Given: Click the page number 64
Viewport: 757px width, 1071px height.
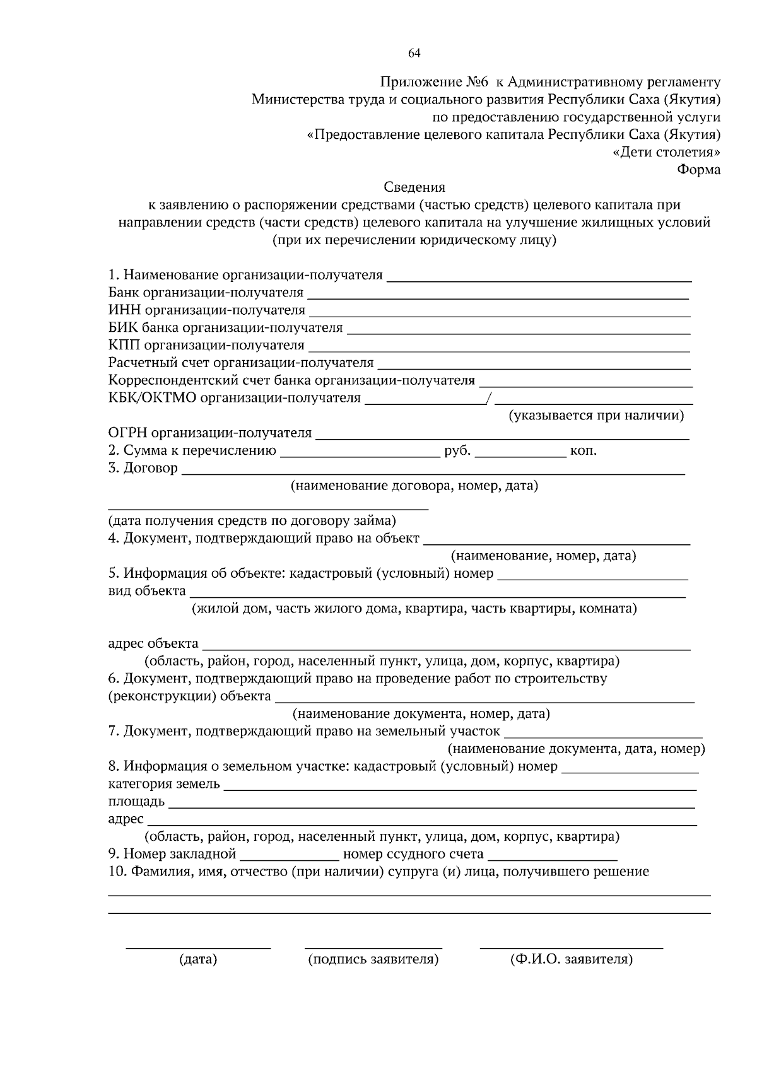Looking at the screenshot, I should (414, 53).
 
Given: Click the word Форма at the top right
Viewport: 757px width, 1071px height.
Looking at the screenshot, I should (698, 170).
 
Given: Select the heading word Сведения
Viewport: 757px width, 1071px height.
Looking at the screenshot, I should (414, 187).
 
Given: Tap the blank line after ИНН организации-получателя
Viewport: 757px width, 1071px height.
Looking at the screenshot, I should (499, 314).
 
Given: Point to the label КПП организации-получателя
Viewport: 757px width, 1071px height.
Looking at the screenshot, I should (206, 345).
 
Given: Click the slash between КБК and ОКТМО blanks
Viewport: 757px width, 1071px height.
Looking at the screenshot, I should (489, 398).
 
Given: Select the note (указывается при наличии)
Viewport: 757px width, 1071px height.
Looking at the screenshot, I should (596, 416).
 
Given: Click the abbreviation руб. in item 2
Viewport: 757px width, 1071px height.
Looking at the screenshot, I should (457, 451).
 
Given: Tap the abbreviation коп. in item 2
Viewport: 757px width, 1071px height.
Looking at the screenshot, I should (584, 451).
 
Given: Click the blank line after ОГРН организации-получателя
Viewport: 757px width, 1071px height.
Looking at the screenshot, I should (502, 437).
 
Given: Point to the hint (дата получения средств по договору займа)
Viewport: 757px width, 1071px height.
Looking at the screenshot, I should (252, 521).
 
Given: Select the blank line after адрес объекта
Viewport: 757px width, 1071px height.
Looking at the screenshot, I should (445, 648).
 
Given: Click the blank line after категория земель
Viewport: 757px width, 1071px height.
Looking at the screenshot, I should (460, 788).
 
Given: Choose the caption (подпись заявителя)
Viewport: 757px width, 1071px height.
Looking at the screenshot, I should (373, 959).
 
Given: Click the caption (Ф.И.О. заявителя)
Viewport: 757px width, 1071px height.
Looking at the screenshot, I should (572, 959).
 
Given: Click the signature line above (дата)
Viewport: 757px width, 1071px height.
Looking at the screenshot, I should (198, 947).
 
